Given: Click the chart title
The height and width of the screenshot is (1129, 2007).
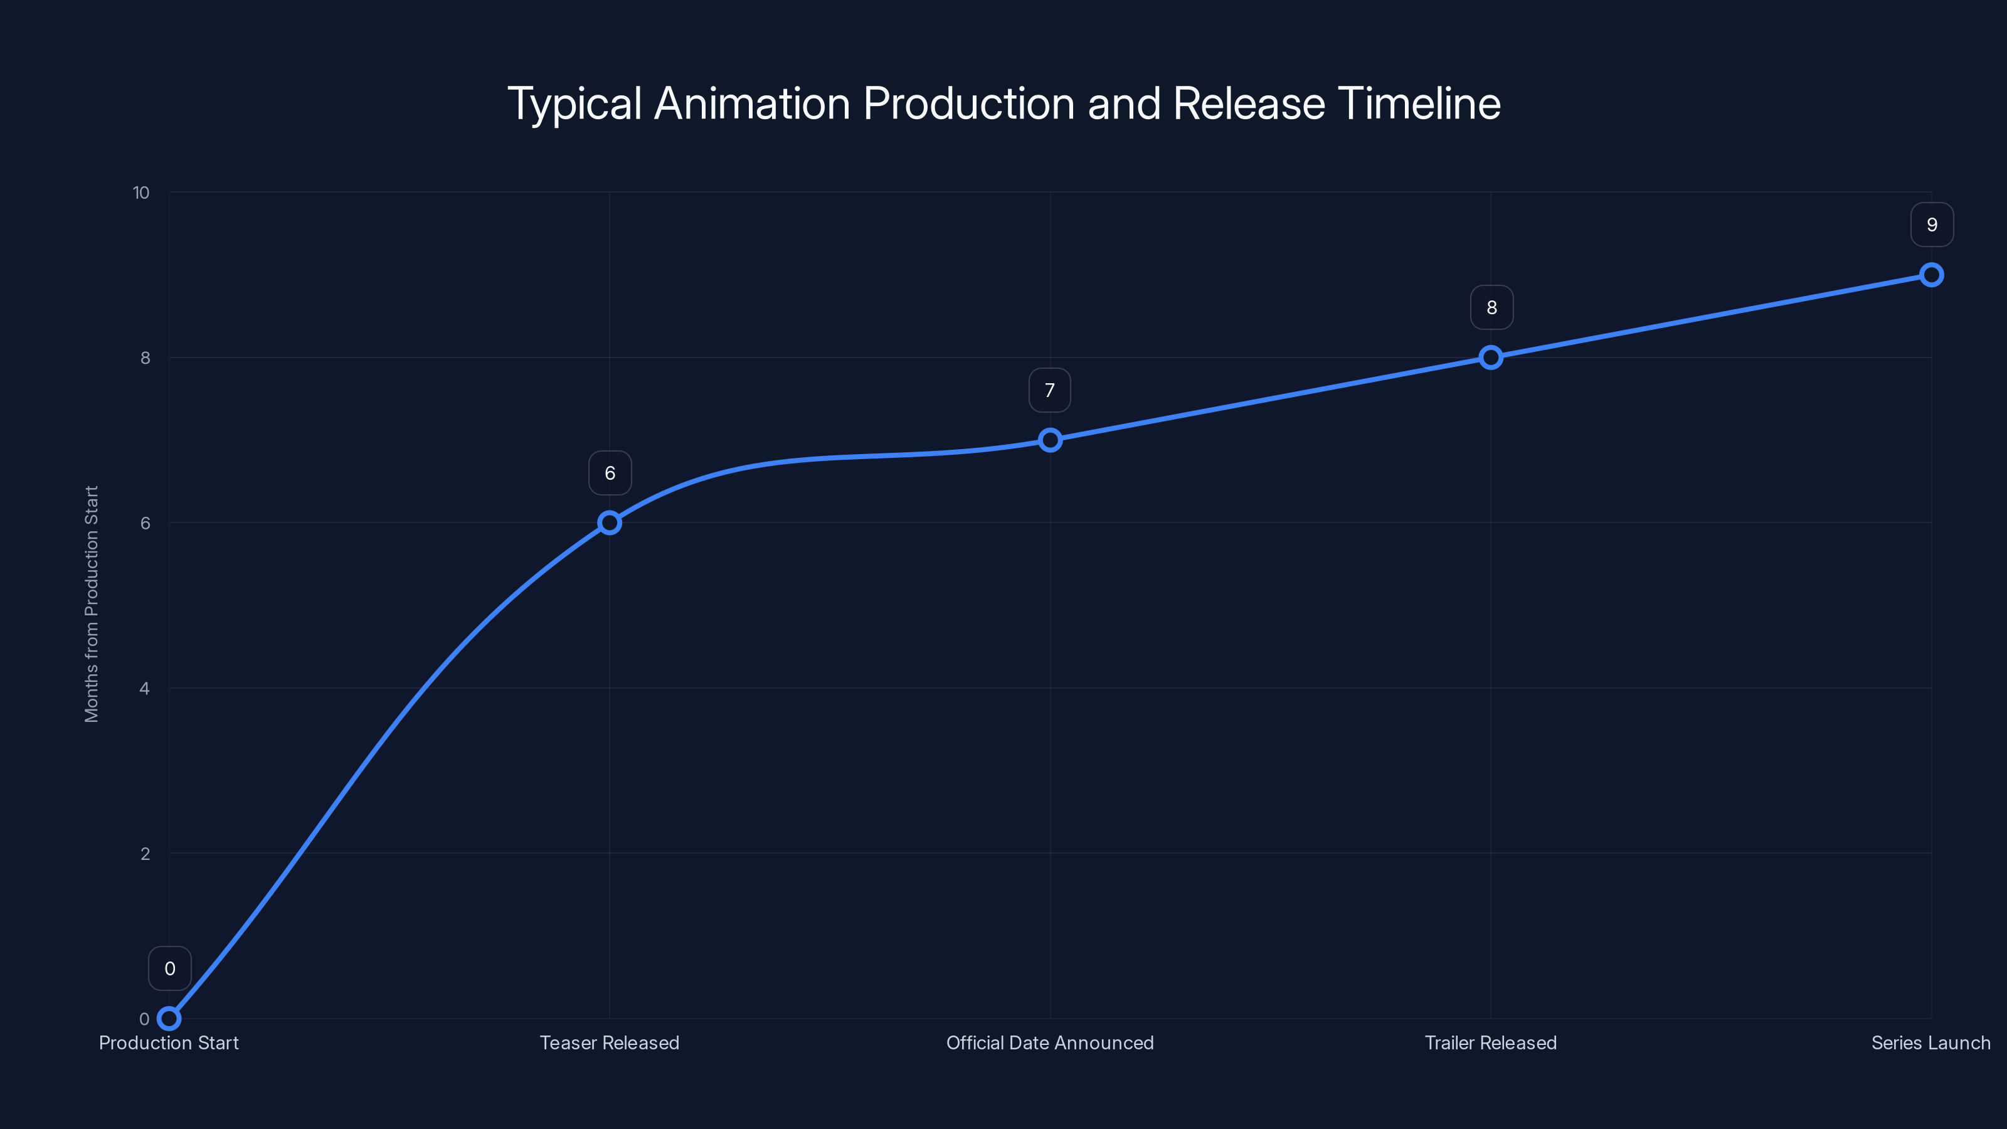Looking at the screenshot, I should (x=1003, y=103).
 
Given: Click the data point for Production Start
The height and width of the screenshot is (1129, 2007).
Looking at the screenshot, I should (x=169, y=1019).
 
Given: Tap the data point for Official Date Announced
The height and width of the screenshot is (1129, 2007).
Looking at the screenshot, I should (x=1051, y=440).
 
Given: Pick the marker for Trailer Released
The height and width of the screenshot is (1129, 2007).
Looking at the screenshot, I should (x=1490, y=358).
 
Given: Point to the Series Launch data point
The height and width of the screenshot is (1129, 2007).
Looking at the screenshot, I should (x=1932, y=275).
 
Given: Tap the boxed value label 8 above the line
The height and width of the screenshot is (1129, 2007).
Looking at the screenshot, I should (x=1491, y=308).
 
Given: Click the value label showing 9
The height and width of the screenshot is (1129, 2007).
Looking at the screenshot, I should (x=1932, y=225).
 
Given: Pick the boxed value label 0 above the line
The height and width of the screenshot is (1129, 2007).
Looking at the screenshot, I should (x=170, y=968).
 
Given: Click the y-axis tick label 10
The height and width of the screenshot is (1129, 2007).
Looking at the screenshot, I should (x=141, y=193).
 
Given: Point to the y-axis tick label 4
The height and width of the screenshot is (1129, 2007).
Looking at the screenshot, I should (x=145, y=688).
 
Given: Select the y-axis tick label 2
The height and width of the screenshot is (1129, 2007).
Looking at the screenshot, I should (x=145, y=853).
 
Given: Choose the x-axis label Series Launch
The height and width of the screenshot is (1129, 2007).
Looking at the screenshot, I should (x=1930, y=1042).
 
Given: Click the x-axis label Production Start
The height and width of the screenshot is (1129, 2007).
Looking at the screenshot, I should (x=169, y=1042).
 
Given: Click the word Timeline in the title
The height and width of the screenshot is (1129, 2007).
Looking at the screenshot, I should (x=1419, y=103).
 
